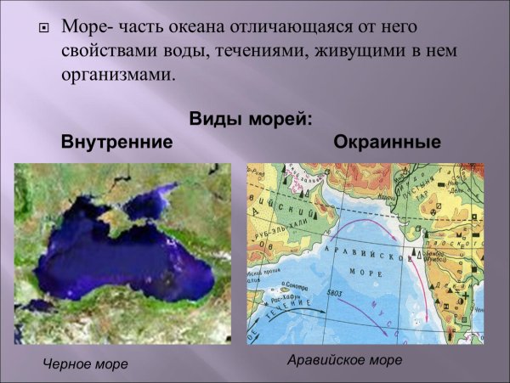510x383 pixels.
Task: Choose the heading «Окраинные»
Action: [x=387, y=141]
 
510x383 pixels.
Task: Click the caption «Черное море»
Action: [x=85, y=364]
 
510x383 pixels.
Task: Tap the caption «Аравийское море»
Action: [x=344, y=360]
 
